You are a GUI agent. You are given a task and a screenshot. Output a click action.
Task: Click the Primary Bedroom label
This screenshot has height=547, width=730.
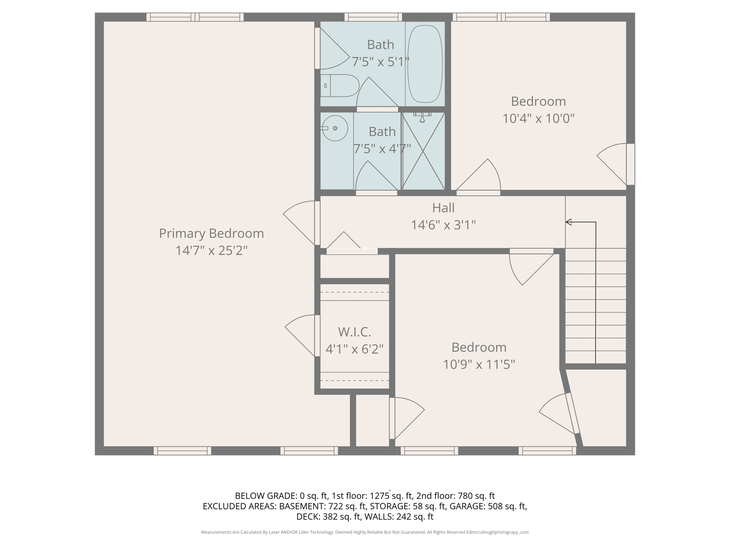coord(211,234)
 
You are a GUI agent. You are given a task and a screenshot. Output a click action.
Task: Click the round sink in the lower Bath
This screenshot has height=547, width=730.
coord(335,128)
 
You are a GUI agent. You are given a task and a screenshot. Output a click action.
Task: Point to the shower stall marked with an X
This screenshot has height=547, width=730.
coord(423,151)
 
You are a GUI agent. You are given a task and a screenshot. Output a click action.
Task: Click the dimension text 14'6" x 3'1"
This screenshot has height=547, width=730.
coord(443,225)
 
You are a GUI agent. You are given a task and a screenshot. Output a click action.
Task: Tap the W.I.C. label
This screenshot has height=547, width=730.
coord(354,332)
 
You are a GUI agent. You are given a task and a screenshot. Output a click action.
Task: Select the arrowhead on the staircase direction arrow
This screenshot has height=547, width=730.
coord(569,222)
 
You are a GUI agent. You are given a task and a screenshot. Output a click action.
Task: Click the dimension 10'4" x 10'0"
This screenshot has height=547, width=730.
coord(538,119)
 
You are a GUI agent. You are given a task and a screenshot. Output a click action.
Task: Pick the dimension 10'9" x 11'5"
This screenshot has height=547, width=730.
coord(479,365)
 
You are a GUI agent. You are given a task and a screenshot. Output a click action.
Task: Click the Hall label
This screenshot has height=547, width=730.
coord(443,208)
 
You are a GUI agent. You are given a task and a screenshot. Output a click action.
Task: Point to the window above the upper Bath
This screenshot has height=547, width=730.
coord(373,17)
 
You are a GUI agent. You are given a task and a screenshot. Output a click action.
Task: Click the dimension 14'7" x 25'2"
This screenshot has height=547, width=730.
coord(211,251)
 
